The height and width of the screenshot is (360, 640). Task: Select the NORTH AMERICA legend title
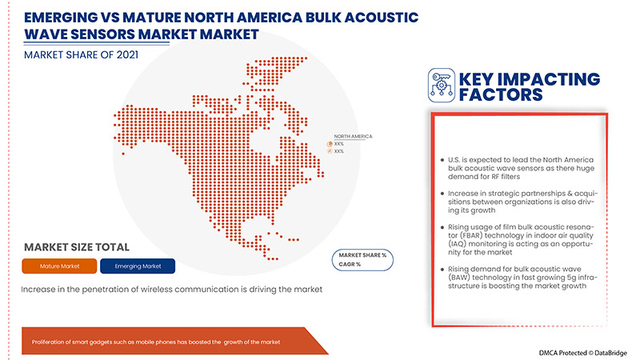point(352,137)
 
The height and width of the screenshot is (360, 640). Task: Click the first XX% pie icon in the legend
point(330,144)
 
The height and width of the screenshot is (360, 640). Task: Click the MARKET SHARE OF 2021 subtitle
point(82,54)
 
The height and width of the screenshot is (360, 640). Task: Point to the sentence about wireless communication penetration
point(171,289)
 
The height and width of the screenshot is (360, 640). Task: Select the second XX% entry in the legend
point(338,151)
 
